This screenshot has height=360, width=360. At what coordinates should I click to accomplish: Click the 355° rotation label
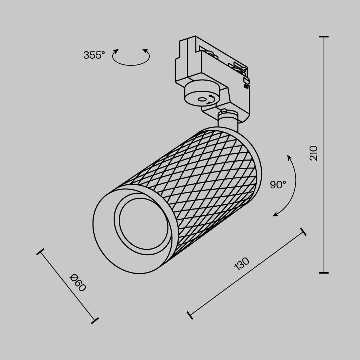click(94, 55)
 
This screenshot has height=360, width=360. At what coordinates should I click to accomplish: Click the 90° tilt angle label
click(278, 185)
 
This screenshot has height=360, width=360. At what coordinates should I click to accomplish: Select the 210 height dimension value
click(314, 153)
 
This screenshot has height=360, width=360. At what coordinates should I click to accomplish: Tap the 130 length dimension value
click(242, 264)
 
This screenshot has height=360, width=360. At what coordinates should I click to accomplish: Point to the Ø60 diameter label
click(78, 283)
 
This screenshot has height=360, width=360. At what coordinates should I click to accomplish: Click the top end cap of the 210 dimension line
click(324, 37)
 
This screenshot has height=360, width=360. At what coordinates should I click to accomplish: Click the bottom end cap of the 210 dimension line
click(324, 273)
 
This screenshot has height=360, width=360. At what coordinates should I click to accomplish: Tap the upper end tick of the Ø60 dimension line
click(40, 252)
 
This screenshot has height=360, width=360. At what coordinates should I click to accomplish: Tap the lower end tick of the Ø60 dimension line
click(95, 320)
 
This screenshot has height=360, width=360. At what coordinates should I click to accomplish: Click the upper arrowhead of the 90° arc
click(289, 156)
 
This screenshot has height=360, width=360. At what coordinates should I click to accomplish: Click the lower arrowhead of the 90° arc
click(274, 215)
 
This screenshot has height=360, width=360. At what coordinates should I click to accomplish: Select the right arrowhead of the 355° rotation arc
click(146, 51)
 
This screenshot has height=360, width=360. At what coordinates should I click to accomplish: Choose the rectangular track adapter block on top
click(212, 61)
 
